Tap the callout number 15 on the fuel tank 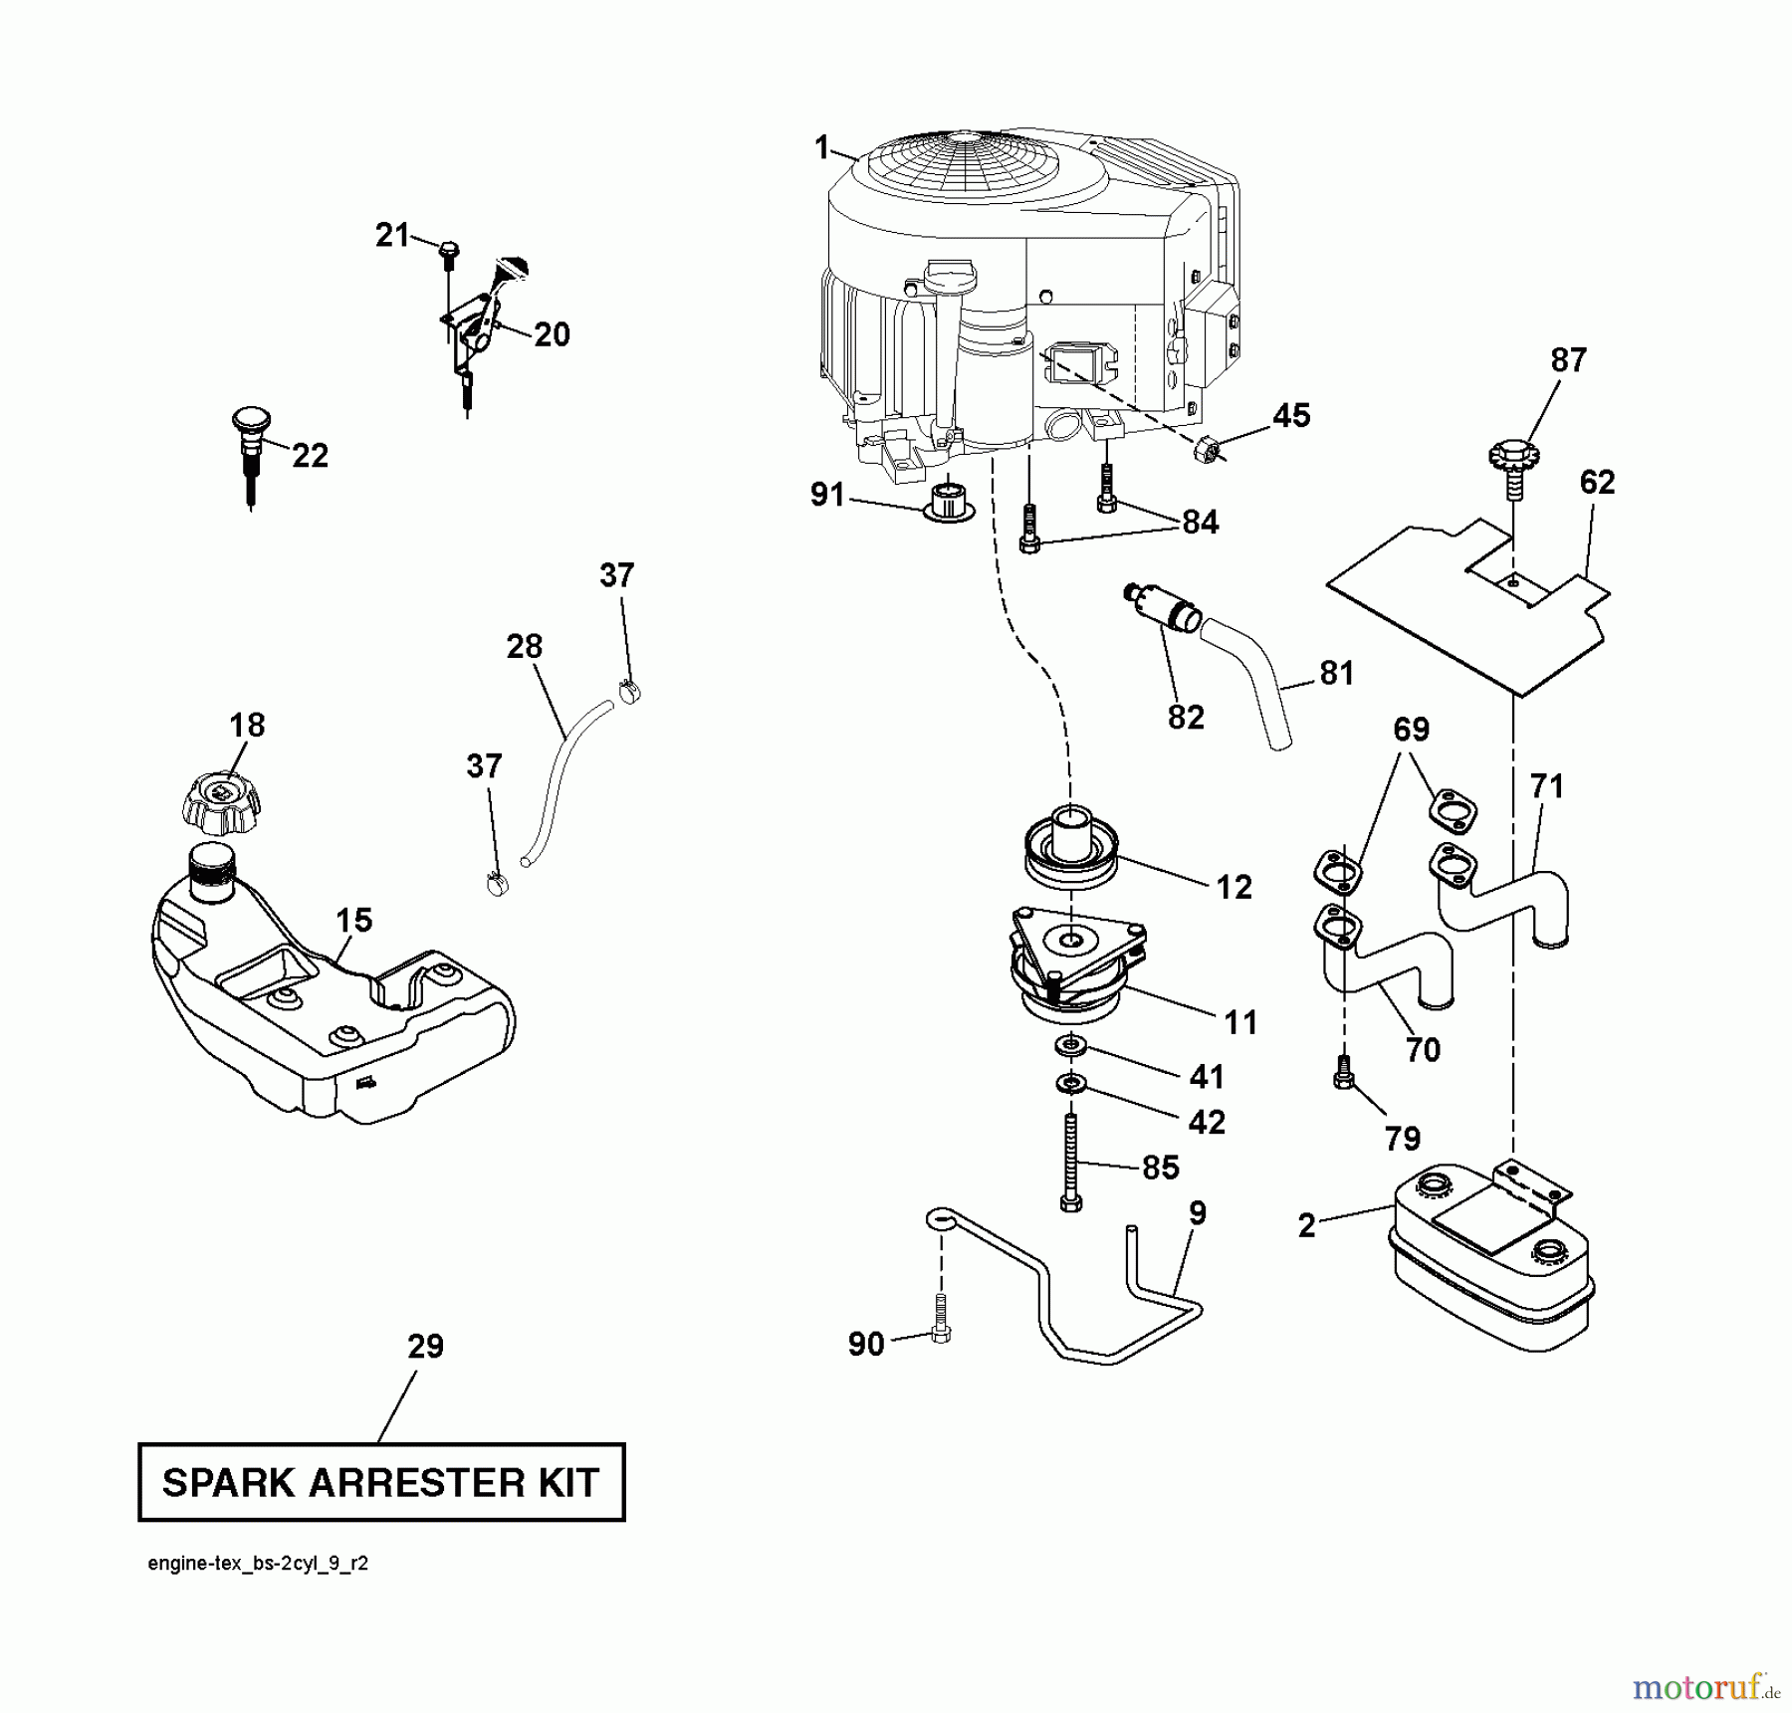click(x=353, y=920)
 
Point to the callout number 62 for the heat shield click(x=1597, y=483)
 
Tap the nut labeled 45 click(x=1205, y=451)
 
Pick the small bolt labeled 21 click(x=448, y=249)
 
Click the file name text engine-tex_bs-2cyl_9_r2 click(x=258, y=1564)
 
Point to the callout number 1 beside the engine click(x=821, y=148)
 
